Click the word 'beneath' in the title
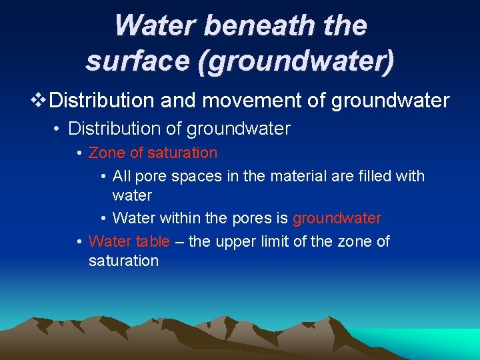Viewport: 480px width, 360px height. tap(249, 26)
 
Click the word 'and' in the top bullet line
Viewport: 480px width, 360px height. tap(180, 101)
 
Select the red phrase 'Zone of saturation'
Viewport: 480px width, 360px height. tap(153, 153)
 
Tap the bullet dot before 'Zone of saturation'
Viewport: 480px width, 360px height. tap(79, 153)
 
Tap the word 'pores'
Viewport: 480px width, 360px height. tap(251, 218)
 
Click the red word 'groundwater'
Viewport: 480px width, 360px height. tap(337, 218)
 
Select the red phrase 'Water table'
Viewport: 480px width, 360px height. tap(129, 241)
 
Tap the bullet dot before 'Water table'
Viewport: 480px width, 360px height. tap(79, 241)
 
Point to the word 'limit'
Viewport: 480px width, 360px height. tap(277, 241)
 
